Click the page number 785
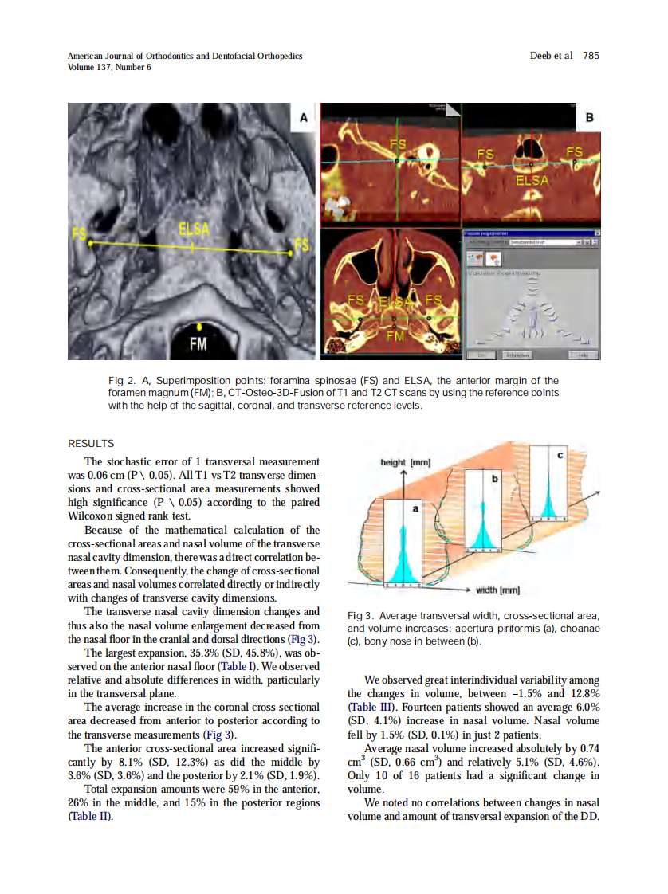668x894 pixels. pyautogui.click(x=590, y=56)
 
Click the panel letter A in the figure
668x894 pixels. pyautogui.click(x=304, y=118)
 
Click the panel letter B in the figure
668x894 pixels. pyautogui.click(x=589, y=118)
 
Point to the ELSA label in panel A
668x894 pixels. pyautogui.click(x=194, y=229)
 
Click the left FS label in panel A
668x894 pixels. pyautogui.click(x=79, y=233)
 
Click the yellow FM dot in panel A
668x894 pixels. pyautogui.click(x=198, y=326)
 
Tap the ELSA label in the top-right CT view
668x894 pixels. pyautogui.click(x=532, y=181)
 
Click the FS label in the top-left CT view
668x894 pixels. pyautogui.click(x=398, y=144)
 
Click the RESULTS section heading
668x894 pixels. pyautogui.click(x=91, y=444)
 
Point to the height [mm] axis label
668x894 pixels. pyautogui.click(x=407, y=462)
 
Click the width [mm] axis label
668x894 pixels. pyautogui.click(x=497, y=590)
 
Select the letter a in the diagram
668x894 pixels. pyautogui.click(x=415, y=507)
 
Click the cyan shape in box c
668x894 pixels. pyautogui.click(x=548, y=502)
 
